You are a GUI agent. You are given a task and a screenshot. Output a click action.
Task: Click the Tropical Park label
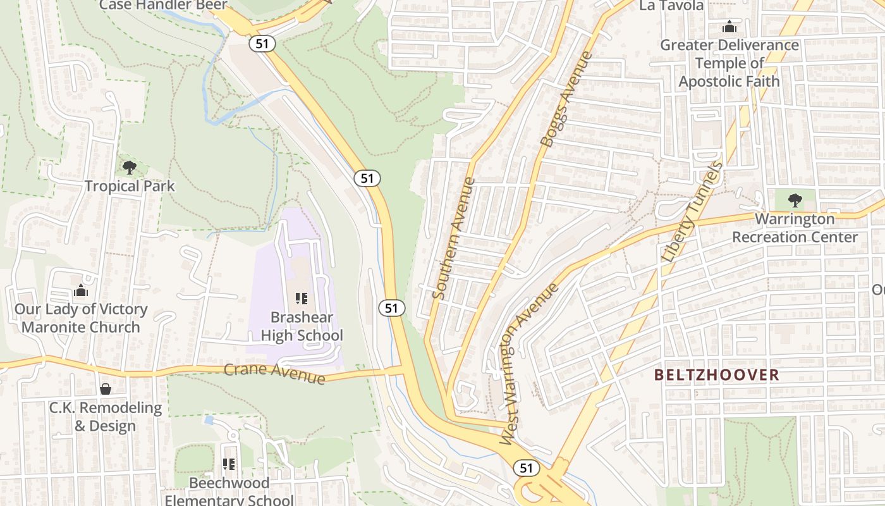(130, 186)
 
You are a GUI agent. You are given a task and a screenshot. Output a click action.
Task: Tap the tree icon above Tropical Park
(130, 168)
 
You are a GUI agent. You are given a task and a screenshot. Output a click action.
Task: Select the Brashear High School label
(302, 326)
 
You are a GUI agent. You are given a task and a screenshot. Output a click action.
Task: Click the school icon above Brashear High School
(302, 298)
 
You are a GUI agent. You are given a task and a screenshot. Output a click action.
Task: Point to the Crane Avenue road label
(274, 373)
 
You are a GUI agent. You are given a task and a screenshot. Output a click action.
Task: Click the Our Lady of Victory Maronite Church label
(81, 318)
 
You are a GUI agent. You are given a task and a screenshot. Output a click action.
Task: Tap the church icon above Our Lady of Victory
(81, 291)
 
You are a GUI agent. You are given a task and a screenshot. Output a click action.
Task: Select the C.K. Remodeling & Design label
(106, 417)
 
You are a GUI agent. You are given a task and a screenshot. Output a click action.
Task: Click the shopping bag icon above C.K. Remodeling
(106, 389)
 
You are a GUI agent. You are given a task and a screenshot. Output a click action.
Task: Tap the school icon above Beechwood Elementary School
(229, 465)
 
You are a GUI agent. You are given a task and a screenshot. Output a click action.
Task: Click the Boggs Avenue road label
(567, 99)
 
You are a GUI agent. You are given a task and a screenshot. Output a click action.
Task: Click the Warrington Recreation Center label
(795, 228)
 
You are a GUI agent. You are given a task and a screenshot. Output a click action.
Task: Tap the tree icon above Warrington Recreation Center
(795, 201)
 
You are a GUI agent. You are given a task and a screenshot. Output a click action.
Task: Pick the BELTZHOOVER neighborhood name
(716, 375)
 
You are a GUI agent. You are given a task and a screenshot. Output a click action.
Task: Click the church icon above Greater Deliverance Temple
(729, 27)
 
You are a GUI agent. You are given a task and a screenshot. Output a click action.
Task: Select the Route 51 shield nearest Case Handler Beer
(260, 43)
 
